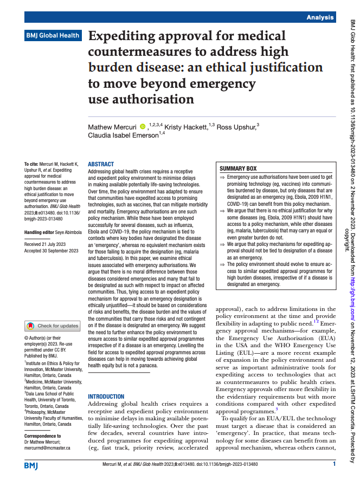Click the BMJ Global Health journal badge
(x=53, y=36)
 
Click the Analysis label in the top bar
(x=319, y=17)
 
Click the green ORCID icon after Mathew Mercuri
(x=143, y=127)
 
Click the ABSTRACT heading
(x=101, y=164)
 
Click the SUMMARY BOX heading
(x=238, y=168)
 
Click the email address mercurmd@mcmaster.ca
(x=47, y=448)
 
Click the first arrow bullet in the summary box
(x=222, y=177)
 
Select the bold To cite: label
(x=33, y=164)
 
